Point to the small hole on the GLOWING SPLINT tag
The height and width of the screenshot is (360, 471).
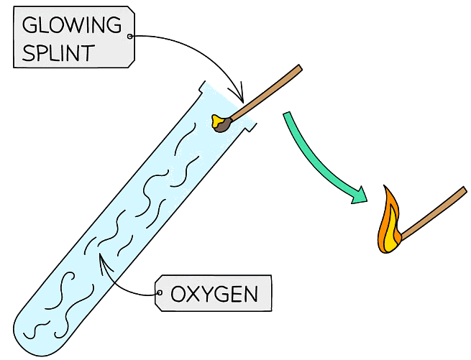coord(129,36)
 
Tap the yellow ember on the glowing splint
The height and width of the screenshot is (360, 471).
coord(216,121)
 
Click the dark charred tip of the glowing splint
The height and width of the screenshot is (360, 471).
coord(224,125)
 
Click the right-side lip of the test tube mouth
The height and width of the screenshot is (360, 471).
coord(251,129)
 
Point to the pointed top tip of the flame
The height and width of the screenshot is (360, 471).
coord(388,188)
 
